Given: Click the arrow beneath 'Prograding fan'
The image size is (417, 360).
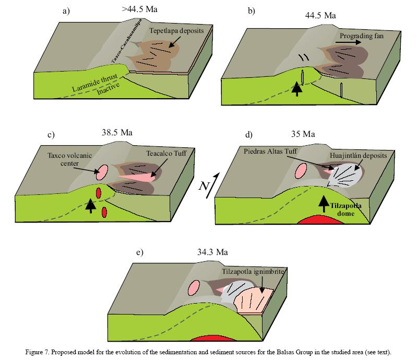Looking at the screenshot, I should point(348,45).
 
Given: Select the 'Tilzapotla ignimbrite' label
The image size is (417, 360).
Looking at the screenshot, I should point(251,272).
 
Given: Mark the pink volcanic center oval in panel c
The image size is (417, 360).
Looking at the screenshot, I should point(102,171).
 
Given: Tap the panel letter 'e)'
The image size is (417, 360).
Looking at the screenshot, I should point(139,253).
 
